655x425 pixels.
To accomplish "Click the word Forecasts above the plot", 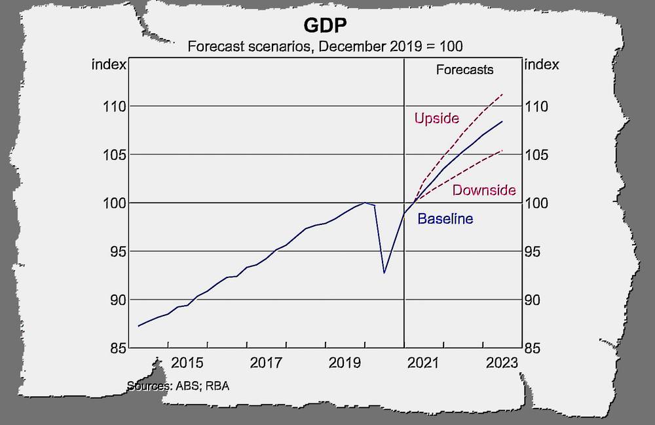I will pos(464,69).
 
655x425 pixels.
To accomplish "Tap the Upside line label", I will pos(437,119).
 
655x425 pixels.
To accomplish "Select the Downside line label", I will pos(484,190).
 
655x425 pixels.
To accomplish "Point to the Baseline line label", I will pos(445,219).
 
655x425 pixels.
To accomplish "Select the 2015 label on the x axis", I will pos(187,363).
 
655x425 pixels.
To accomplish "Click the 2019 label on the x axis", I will pos(345,363).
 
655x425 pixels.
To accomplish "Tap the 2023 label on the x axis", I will pos(502,363).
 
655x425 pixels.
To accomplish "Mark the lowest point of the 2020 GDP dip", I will pos(384,272).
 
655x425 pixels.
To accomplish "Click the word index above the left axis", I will pos(106,64).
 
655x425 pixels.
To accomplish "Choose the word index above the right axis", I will pos(543,64).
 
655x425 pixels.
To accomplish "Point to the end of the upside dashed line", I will pos(502,94).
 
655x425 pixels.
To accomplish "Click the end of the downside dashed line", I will pos(502,150).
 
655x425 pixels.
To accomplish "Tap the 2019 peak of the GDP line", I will pos(365,203).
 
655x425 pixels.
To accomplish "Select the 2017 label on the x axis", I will pos(266,363).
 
